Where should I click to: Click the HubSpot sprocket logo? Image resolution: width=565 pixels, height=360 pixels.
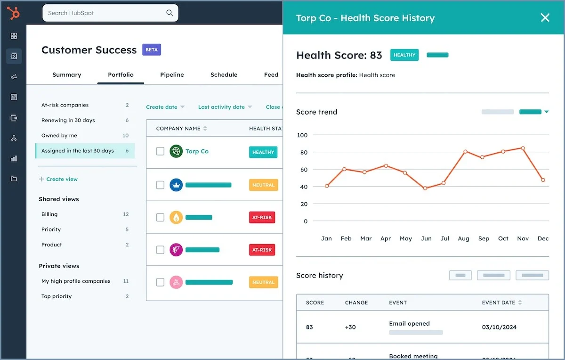pyautogui.click(x=13, y=13)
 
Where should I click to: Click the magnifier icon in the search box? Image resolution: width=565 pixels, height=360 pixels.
pyautogui.click(x=169, y=13)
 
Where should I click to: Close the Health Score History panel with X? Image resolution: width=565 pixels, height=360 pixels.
pyautogui.click(x=545, y=18)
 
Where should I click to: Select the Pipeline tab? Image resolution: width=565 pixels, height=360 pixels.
pyautogui.click(x=172, y=74)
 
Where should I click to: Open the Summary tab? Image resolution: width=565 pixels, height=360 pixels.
pyautogui.click(x=67, y=74)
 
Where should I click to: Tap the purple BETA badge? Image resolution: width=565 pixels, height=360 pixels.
pyautogui.click(x=152, y=50)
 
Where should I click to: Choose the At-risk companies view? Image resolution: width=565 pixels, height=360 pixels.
pyautogui.click(x=65, y=105)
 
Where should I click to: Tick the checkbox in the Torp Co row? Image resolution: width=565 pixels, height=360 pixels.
pyautogui.click(x=160, y=151)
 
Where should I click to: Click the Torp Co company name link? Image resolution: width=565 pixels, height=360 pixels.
pyautogui.click(x=197, y=151)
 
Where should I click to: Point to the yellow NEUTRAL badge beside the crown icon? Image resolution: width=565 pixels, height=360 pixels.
pyautogui.click(x=263, y=185)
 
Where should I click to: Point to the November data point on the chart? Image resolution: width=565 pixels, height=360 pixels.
pyautogui.click(x=523, y=148)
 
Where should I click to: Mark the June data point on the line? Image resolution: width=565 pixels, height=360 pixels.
pyautogui.click(x=425, y=188)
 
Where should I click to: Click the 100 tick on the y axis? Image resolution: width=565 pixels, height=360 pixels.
pyautogui.click(x=302, y=135)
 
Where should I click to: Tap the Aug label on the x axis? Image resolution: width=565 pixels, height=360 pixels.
pyautogui.click(x=463, y=238)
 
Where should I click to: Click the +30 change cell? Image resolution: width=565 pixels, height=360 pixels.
pyautogui.click(x=350, y=327)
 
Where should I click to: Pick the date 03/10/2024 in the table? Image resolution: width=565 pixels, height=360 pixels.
pyautogui.click(x=499, y=327)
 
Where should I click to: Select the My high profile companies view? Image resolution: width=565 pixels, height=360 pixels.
pyautogui.click(x=76, y=281)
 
